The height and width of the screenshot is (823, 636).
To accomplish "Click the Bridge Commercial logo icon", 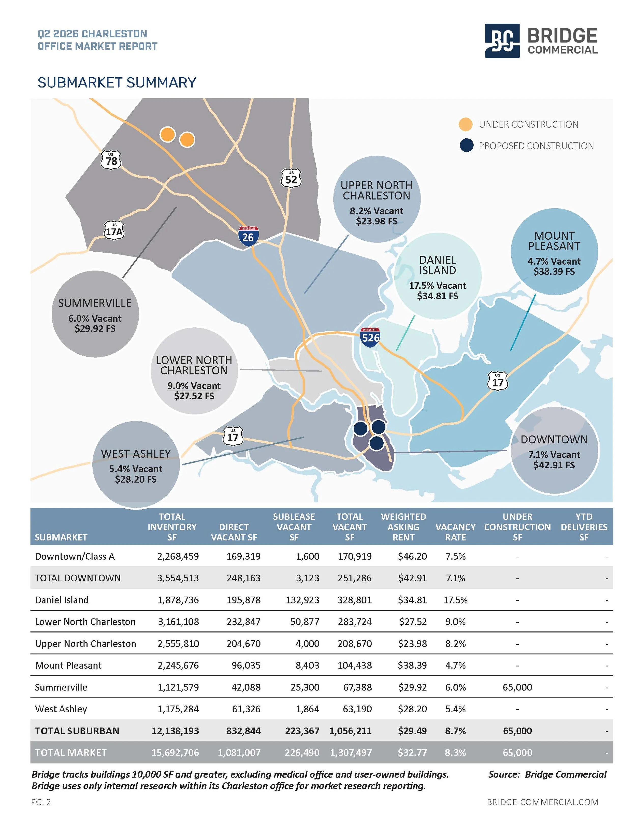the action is (x=502, y=41).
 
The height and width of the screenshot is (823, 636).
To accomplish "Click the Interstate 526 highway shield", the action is (x=370, y=337).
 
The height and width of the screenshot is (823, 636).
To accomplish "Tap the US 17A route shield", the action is (x=114, y=230).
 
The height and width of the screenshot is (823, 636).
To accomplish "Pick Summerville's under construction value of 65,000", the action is (x=517, y=687).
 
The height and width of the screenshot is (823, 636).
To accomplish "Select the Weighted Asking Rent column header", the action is (x=403, y=527).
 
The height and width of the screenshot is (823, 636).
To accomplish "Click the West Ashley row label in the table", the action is (x=61, y=709).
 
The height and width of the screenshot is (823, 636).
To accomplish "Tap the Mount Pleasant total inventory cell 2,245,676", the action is (x=178, y=666).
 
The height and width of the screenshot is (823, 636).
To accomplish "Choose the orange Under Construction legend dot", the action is (x=466, y=124).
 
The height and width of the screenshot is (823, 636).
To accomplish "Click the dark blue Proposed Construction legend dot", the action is (x=467, y=146).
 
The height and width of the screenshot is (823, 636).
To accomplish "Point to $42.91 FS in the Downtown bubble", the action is (x=554, y=465).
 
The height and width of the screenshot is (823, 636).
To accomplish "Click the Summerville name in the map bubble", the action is (x=95, y=303).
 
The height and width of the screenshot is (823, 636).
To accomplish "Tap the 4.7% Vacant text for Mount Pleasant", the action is (x=554, y=261).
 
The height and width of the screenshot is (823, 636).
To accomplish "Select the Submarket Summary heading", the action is (x=117, y=82).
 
